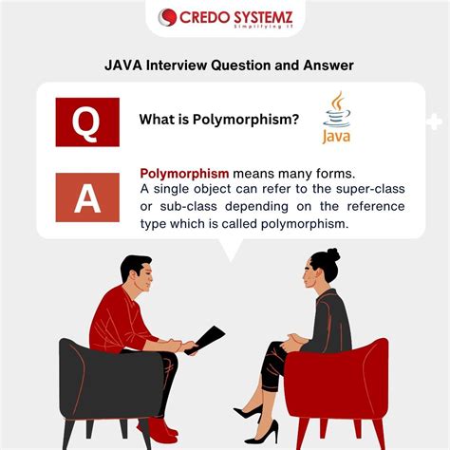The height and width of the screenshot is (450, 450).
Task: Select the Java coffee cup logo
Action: pyautogui.click(x=336, y=120)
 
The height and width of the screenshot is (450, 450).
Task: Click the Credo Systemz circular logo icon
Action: pyautogui.click(x=168, y=18)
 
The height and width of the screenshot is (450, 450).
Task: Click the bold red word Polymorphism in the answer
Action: pyautogui.click(x=185, y=174)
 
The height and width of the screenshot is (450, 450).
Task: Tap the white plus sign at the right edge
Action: pyautogui.click(x=435, y=122)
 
